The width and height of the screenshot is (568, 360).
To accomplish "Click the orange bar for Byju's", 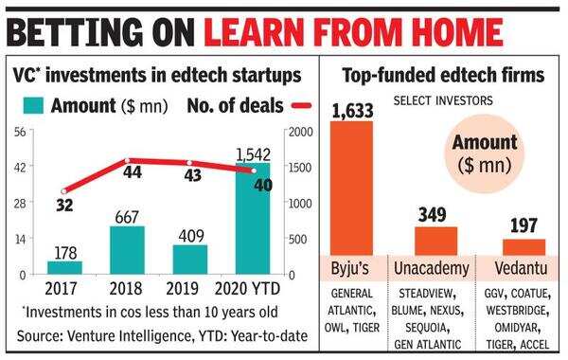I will [357, 189].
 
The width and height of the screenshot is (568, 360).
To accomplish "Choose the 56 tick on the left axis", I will [18, 132].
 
